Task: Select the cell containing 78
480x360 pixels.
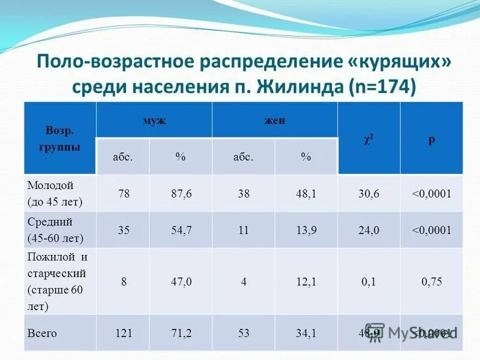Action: [124, 194]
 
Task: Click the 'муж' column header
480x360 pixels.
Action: [154, 121]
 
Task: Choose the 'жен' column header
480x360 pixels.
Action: [275, 121]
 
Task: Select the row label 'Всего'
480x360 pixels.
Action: [42, 333]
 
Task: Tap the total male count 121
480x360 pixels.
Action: [124, 333]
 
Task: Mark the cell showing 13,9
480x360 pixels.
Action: [306, 230]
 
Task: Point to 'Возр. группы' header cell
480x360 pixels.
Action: [60, 139]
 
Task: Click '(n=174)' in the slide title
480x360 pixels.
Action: [382, 86]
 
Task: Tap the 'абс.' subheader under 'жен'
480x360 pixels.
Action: [243, 157]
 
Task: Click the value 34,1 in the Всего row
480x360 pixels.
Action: [306, 333]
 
